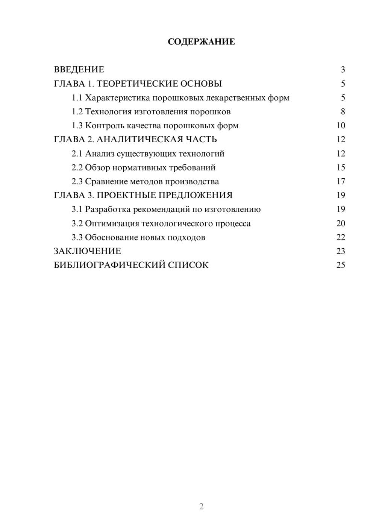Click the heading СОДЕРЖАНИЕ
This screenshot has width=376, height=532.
click(x=201, y=42)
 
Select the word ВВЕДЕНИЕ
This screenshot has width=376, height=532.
click(x=79, y=70)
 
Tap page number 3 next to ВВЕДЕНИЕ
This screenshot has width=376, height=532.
click(x=343, y=70)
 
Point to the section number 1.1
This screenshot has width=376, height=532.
click(x=77, y=98)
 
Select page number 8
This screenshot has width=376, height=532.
click(x=343, y=112)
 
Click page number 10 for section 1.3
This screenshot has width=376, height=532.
click(x=341, y=126)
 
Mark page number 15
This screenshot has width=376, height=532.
click(x=341, y=167)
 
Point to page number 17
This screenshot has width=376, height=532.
click(x=341, y=182)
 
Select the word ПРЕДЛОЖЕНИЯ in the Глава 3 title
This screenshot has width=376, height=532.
click(x=195, y=195)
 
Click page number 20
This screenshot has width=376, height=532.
click(x=341, y=223)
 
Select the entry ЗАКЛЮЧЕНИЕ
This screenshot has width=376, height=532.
click(x=87, y=251)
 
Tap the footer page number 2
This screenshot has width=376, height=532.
click(x=201, y=506)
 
